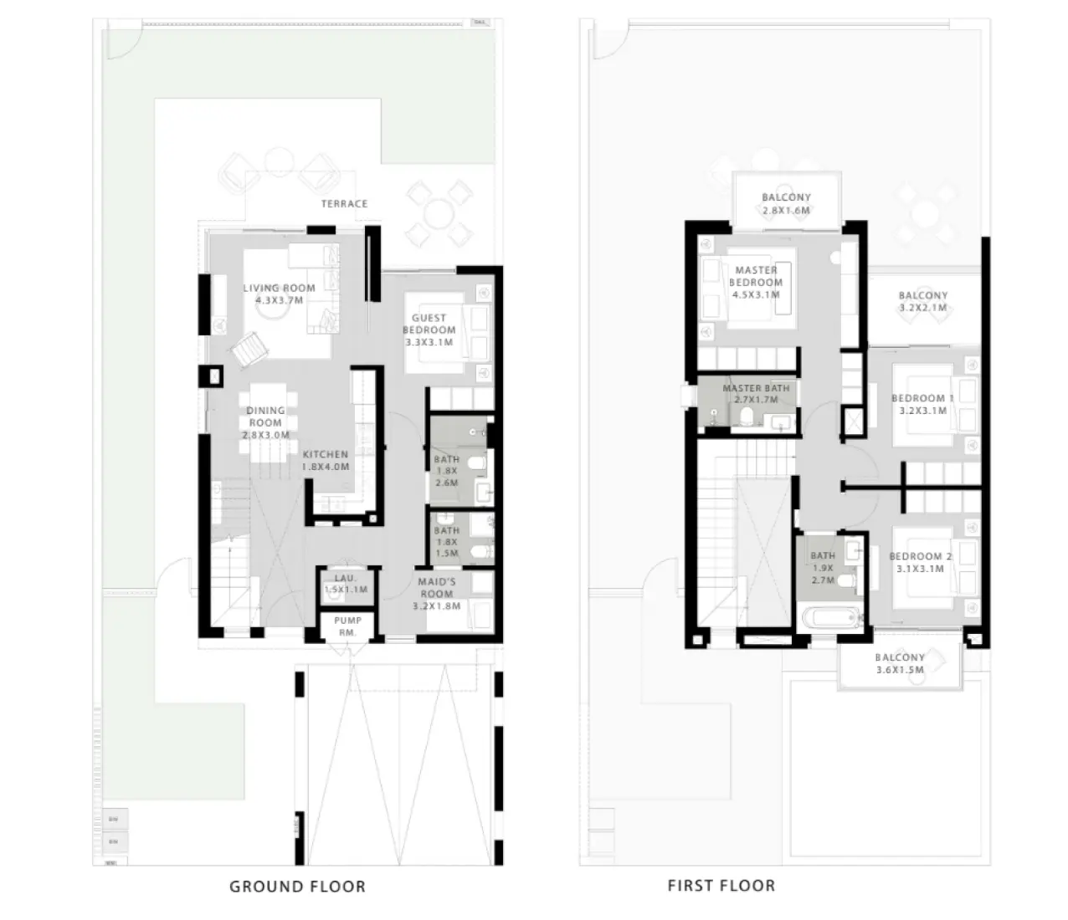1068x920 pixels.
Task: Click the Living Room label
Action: pyautogui.click(x=279, y=289)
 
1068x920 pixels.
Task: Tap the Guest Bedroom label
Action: pyautogui.click(x=429, y=324)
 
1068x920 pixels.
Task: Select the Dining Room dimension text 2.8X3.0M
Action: pyautogui.click(x=266, y=435)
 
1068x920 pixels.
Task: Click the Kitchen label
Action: pyautogui.click(x=325, y=454)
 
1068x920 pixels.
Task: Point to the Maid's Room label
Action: pyautogui.click(x=436, y=582)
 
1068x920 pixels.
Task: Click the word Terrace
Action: pyautogui.click(x=344, y=203)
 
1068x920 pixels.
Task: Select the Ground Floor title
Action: pyautogui.click(x=297, y=886)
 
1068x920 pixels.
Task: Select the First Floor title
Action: pyautogui.click(x=721, y=885)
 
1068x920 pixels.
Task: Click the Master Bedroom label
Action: pyautogui.click(x=756, y=276)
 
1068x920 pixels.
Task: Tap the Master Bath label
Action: pyautogui.click(x=756, y=388)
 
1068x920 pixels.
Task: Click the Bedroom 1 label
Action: pyautogui.click(x=922, y=398)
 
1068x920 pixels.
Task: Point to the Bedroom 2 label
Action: pyautogui.click(x=920, y=556)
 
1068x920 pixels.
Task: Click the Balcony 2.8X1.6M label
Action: pyautogui.click(x=786, y=198)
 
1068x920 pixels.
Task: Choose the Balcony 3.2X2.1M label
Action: pyautogui.click(x=923, y=295)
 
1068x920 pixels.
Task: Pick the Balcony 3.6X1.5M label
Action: pyautogui.click(x=900, y=657)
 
